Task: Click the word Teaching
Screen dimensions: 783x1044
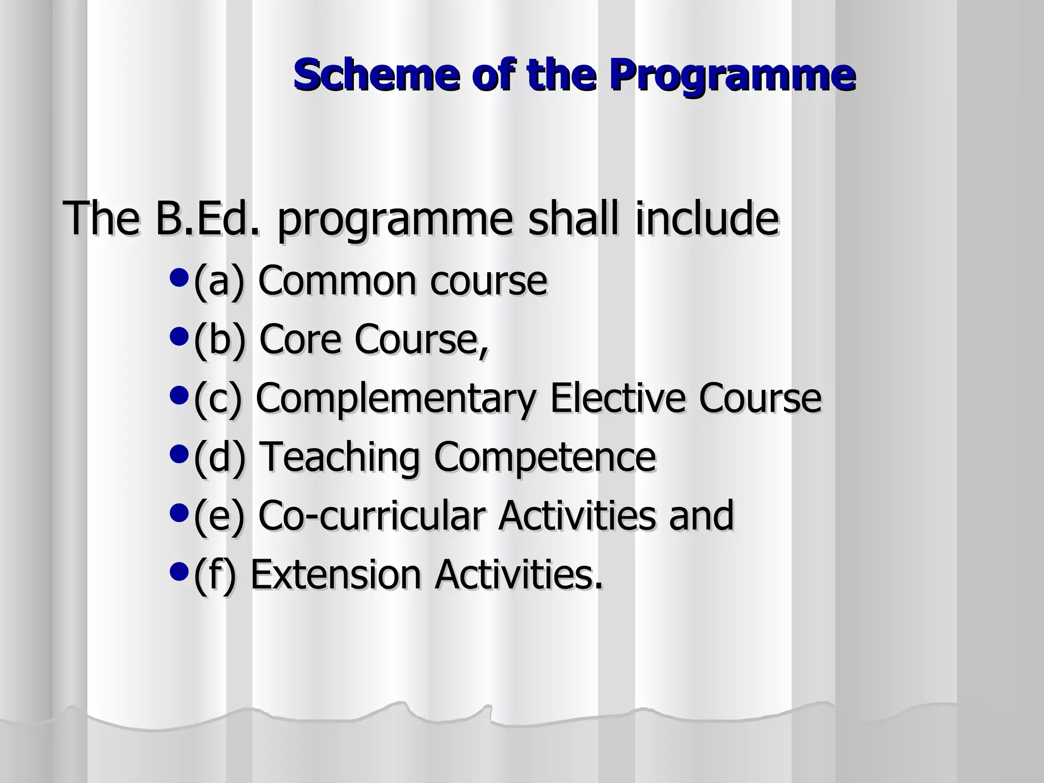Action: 340,457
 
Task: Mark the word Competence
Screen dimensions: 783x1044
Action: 544,457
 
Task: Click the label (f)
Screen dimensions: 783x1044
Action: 215,575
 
